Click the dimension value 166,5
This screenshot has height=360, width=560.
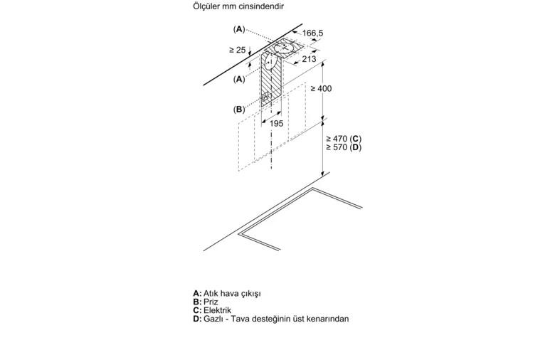(x=312, y=33)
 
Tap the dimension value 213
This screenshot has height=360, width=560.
(x=310, y=59)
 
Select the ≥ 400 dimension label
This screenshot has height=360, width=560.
(x=321, y=88)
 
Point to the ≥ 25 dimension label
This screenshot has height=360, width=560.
(x=238, y=50)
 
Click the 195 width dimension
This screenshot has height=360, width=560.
(x=276, y=123)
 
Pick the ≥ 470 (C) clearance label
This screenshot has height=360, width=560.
(x=344, y=139)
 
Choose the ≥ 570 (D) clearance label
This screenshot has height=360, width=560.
(x=344, y=147)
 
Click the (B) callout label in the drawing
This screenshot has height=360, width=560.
(x=239, y=110)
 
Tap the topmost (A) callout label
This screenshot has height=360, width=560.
(x=239, y=29)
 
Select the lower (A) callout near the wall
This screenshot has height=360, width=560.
(x=239, y=79)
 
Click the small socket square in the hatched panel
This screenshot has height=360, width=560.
(x=265, y=97)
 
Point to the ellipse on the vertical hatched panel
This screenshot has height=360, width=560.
(x=270, y=63)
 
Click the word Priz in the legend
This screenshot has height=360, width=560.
(x=211, y=302)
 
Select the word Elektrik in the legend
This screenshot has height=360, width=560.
(x=218, y=310)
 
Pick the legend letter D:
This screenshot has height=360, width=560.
(x=198, y=319)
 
